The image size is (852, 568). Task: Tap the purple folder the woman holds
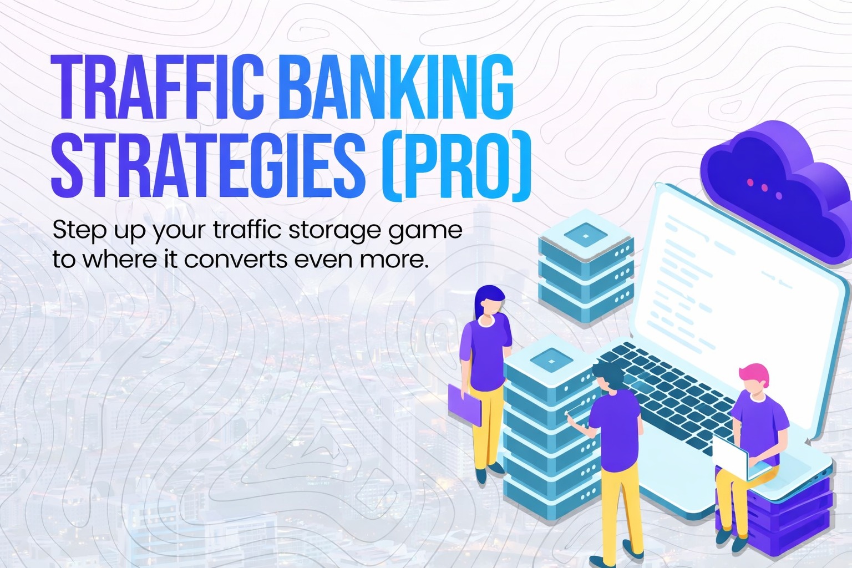tap(464, 405)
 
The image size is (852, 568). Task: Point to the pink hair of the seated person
tap(754, 374)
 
